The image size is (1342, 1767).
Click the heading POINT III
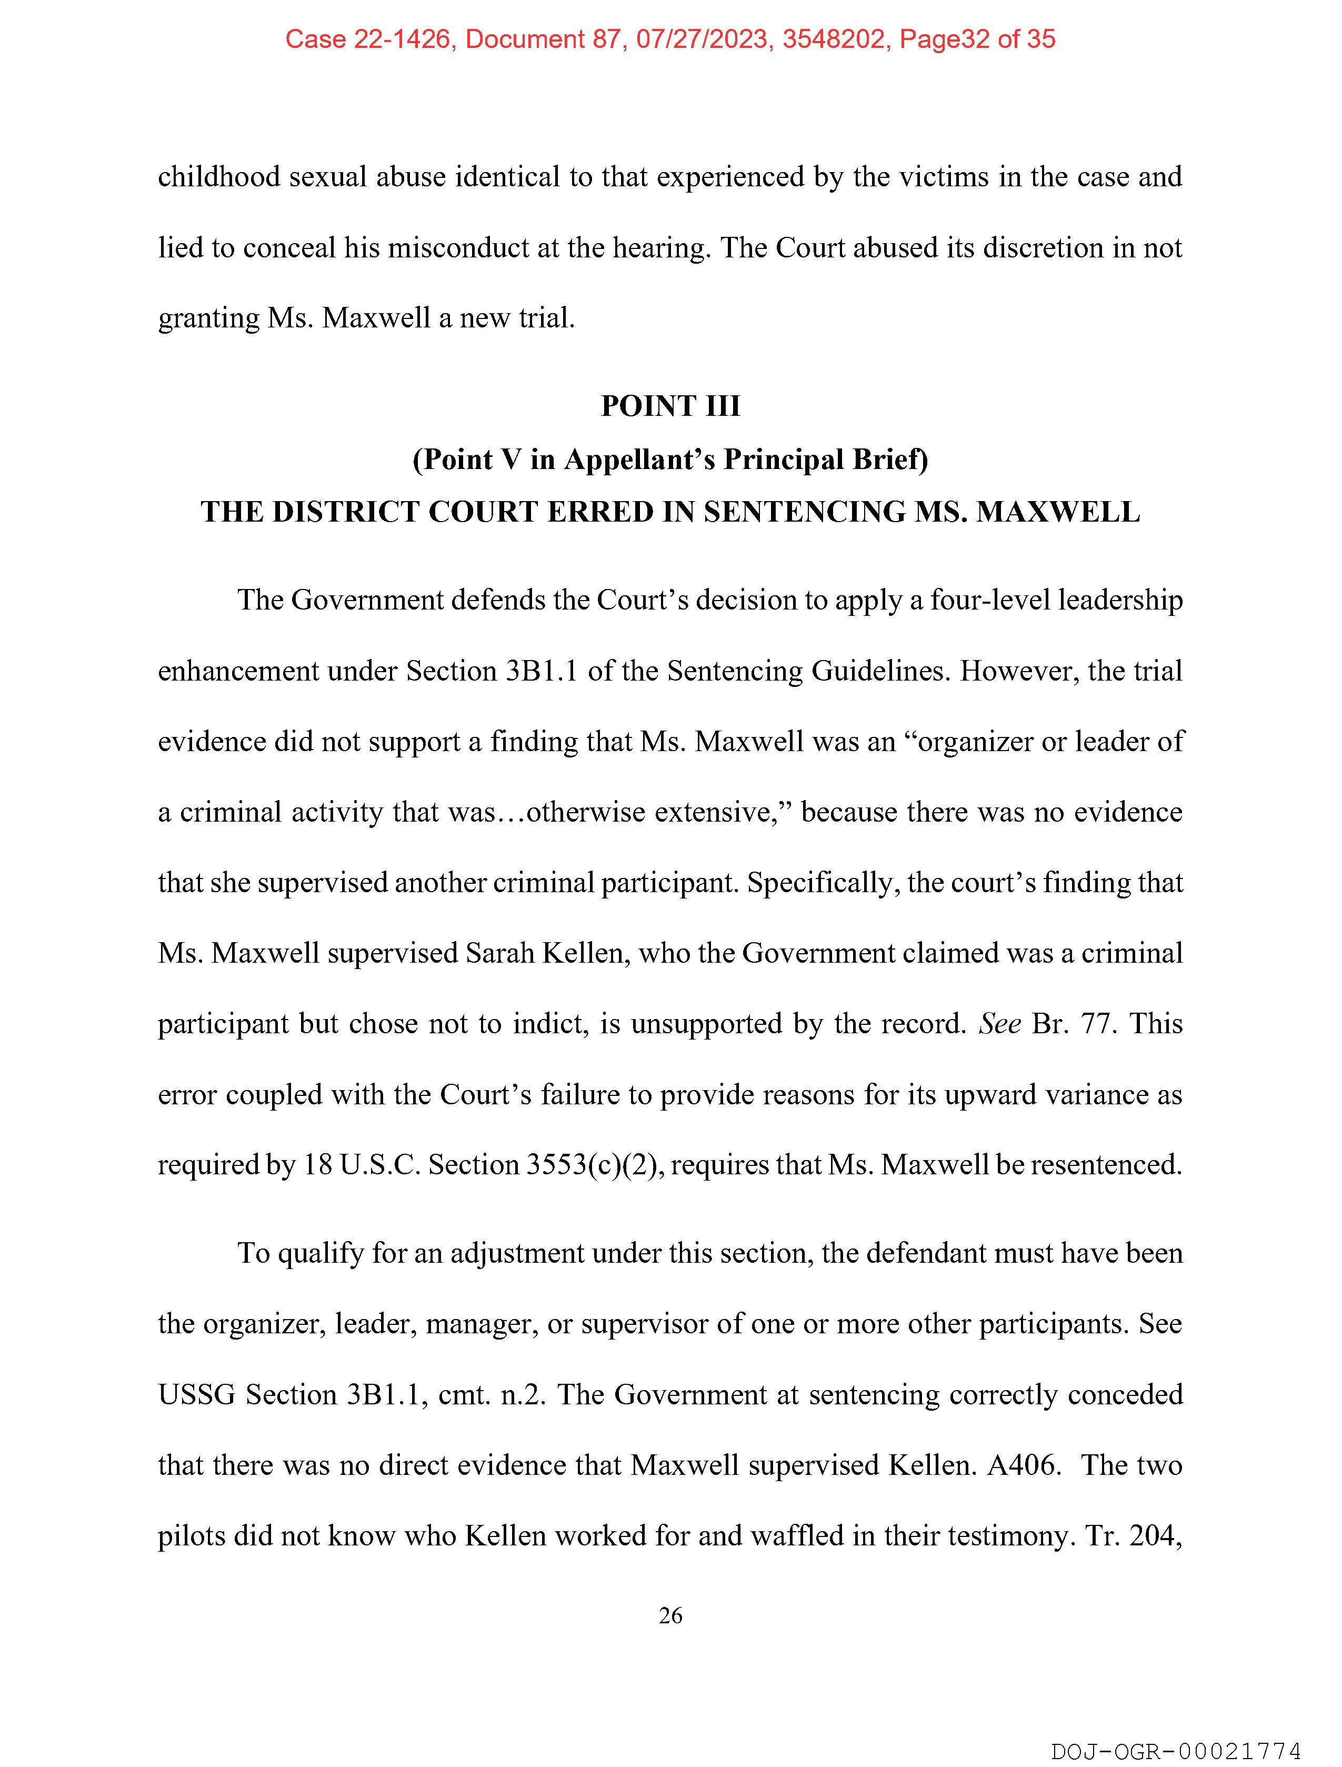pos(670,406)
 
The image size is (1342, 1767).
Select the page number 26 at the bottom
pos(670,1615)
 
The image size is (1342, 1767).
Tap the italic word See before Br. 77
pos(1000,1023)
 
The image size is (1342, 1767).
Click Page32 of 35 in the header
pos(977,39)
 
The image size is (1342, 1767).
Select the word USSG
pos(196,1394)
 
